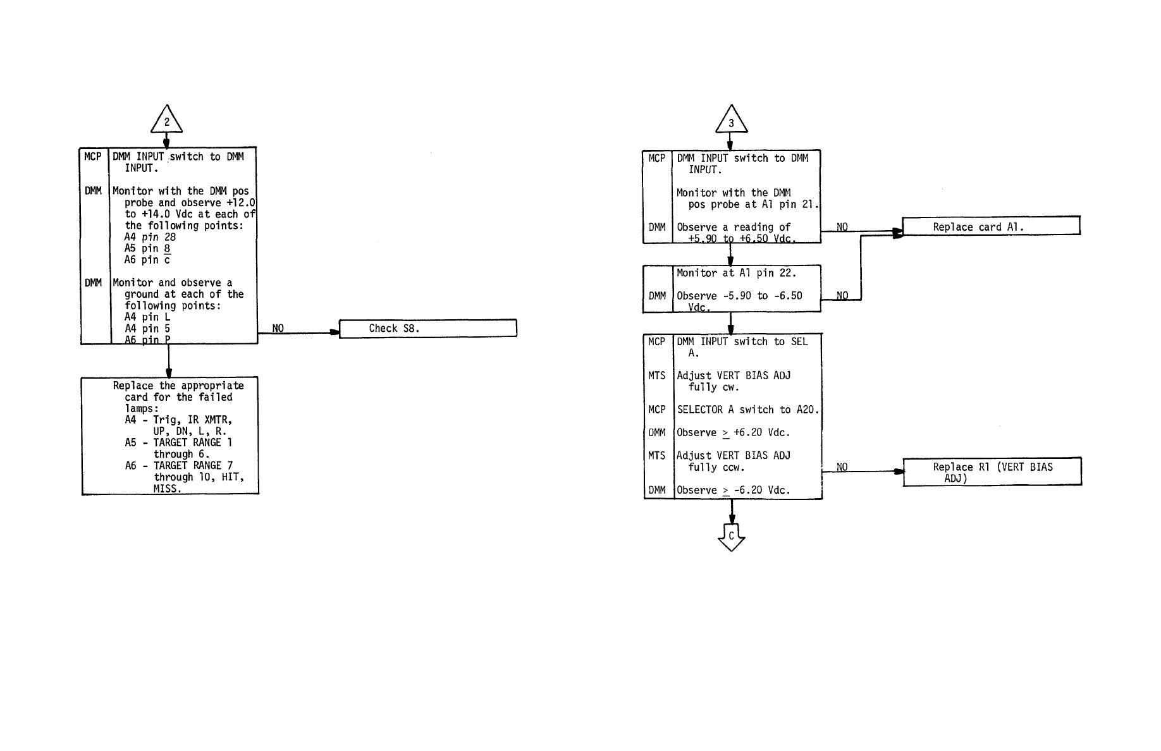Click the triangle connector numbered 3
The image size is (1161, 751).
(731, 122)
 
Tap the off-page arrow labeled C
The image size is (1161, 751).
(731, 537)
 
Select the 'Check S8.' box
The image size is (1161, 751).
(427, 329)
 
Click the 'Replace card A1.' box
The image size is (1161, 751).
(990, 226)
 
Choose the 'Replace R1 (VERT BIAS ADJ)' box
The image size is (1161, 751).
(992, 472)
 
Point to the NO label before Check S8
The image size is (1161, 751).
(278, 329)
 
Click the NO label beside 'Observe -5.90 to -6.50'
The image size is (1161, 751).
(842, 295)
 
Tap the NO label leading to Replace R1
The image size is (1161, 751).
(842, 467)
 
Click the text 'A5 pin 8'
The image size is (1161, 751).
(147, 248)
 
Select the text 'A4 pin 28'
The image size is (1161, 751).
(150, 237)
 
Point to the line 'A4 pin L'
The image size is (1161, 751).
(147, 317)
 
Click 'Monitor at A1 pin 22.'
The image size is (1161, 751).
(736, 273)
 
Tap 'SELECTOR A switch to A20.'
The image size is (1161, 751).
(747, 410)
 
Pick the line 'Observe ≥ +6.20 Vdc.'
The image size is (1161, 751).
(733, 433)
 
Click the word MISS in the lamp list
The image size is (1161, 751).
(167, 489)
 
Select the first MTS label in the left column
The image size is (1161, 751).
(657, 375)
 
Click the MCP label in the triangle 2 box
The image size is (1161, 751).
(92, 157)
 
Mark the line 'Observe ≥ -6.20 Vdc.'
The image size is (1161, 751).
(733, 491)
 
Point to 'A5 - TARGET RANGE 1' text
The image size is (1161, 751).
(178, 443)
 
